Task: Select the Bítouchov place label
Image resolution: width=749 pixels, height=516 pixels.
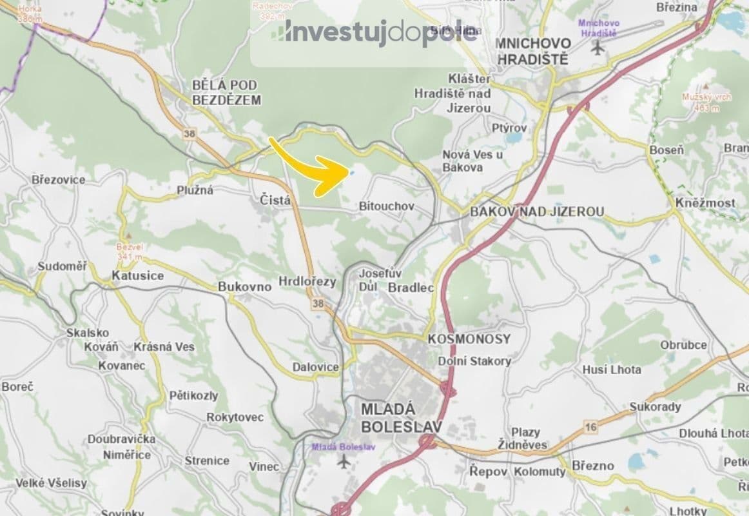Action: (386, 206)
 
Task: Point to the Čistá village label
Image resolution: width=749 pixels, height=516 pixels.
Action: (275, 201)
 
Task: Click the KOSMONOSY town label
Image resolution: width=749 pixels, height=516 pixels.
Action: (469, 339)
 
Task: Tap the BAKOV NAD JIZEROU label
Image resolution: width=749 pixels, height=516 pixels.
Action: (537, 212)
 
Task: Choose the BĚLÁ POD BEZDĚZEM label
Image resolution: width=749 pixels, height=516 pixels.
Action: (226, 92)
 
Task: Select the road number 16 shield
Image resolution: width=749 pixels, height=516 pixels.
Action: (591, 427)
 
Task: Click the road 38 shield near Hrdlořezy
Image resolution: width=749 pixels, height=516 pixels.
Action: (316, 303)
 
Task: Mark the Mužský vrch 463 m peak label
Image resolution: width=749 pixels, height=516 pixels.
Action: (707, 102)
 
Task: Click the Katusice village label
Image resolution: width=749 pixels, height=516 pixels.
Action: (137, 275)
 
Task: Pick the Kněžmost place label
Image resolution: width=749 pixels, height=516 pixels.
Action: (705, 203)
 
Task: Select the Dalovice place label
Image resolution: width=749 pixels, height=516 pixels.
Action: (315, 367)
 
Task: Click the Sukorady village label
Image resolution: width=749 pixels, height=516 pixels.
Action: (655, 407)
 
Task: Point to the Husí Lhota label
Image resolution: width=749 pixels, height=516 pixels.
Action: (612, 370)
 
